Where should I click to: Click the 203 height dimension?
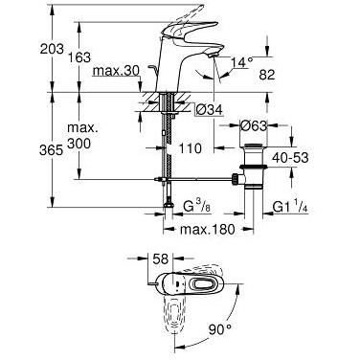[52, 49]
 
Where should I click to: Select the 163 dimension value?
[79, 57]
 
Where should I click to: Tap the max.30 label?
[116, 71]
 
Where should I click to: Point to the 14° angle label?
[242, 61]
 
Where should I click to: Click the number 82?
[267, 75]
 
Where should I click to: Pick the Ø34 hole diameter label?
[209, 110]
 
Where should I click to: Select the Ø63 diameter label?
[253, 125]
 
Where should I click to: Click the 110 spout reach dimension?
[190, 148]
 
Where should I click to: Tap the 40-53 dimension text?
[290, 157]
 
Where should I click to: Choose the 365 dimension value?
[51, 150]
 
